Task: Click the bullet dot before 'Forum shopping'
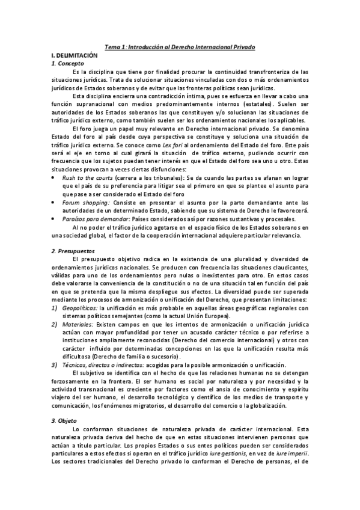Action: pos(55,203)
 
